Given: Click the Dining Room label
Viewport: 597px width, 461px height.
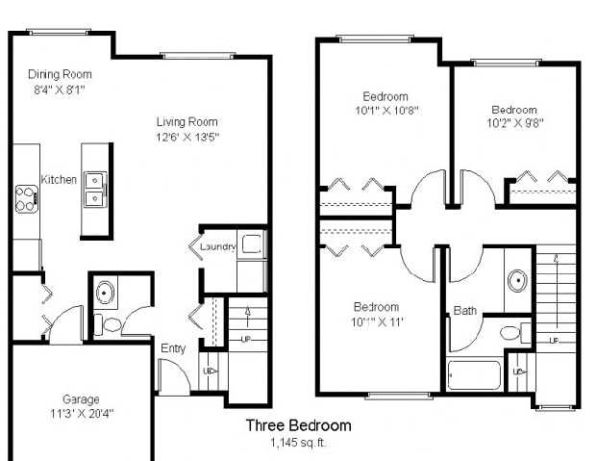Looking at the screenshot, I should (x=59, y=74).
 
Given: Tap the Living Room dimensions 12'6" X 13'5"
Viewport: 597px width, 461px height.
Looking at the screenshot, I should (x=188, y=137).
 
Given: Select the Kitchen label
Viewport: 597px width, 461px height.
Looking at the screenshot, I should (x=59, y=179).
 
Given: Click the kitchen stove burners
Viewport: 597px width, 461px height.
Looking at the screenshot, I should (x=26, y=199).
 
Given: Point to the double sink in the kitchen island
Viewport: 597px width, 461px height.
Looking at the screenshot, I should (x=95, y=189).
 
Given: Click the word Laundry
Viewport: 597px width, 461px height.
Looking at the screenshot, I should (x=217, y=247).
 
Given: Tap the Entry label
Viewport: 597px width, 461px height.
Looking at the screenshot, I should (x=174, y=348).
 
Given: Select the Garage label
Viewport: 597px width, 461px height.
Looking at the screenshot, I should (x=81, y=399).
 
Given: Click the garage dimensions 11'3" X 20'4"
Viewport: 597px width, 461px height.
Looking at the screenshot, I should (x=81, y=413).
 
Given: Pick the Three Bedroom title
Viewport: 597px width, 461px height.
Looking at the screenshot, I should (x=298, y=425).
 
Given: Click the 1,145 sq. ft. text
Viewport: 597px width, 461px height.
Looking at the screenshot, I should (x=298, y=443).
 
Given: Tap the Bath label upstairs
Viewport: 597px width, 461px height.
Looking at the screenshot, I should (x=465, y=311).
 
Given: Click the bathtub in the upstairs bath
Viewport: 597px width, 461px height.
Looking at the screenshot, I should (x=474, y=373).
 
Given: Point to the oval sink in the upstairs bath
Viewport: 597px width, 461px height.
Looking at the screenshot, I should (x=517, y=282).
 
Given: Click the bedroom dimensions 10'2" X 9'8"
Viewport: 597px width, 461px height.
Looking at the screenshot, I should (x=516, y=122).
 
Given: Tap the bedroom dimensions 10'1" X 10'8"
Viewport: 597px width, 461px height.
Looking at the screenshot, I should (x=386, y=110).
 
